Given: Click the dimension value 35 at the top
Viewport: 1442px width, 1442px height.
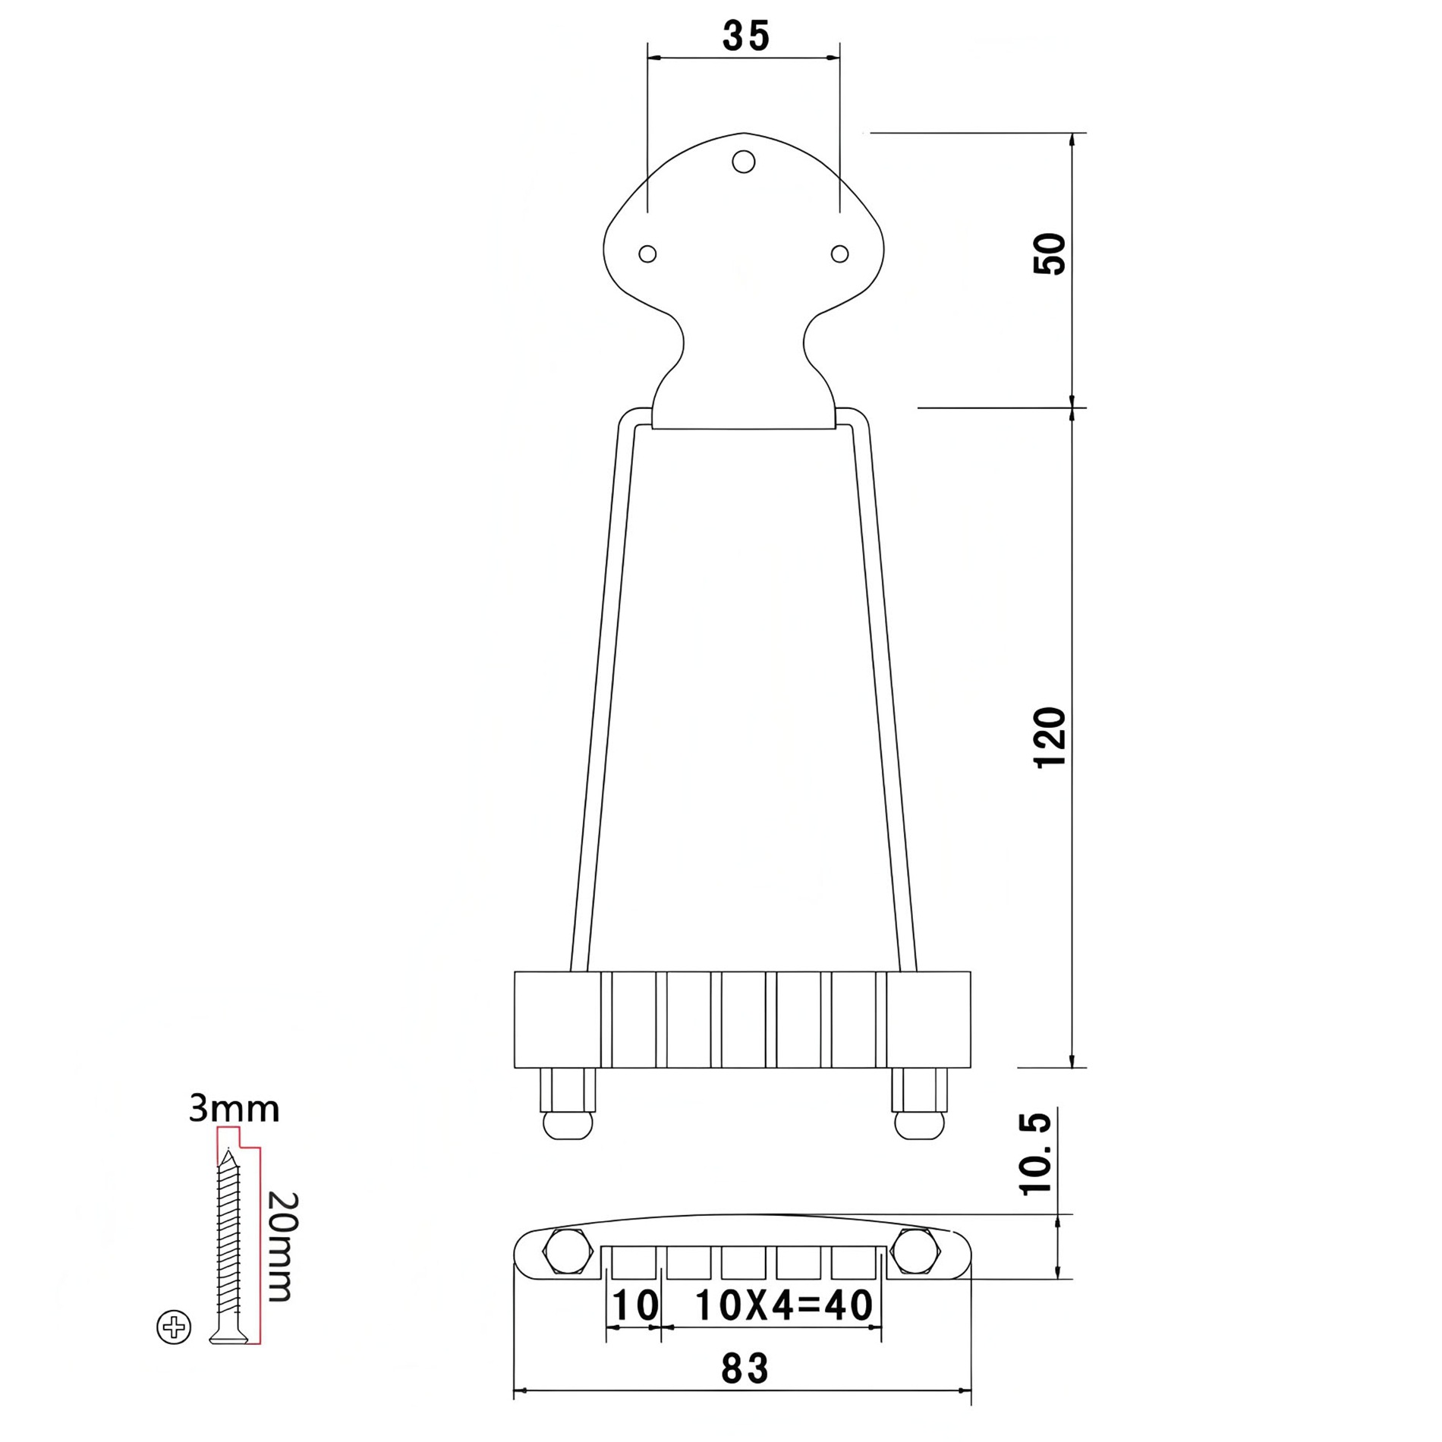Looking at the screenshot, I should [745, 36].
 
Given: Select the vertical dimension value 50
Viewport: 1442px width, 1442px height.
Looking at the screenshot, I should [1051, 254].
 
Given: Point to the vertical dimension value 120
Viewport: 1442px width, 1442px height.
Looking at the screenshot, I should [1051, 737].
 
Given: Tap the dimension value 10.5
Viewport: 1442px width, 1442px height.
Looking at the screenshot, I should [1036, 1154].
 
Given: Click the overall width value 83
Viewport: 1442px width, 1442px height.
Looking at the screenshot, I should [745, 1369].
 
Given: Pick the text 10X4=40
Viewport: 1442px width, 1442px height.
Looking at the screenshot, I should [784, 1306].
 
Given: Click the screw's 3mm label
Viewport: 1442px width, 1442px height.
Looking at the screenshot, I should [234, 1110].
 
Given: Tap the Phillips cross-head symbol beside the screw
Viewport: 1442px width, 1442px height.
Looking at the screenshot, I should [174, 1328].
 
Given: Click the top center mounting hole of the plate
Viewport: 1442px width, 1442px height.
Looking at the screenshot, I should [744, 161].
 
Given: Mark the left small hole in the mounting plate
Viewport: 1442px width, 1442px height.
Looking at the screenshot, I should [647, 253].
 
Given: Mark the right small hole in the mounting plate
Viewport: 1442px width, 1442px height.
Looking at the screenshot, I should [839, 253].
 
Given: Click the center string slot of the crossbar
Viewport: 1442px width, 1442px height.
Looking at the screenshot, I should [744, 1019].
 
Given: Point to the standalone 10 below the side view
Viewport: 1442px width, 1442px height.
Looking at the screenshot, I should [634, 1306].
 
